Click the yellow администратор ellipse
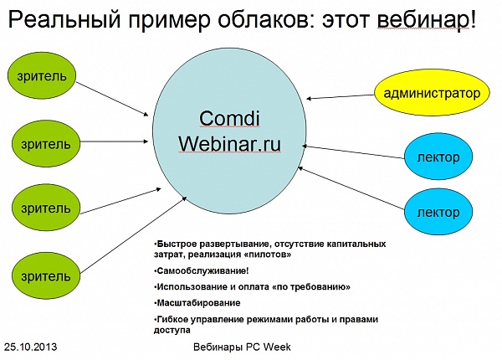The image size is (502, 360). coord(432,93)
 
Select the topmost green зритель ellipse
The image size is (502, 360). coord(42,76)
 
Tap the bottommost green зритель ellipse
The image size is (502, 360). coord(46,275)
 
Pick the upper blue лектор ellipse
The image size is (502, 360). coord(438,157)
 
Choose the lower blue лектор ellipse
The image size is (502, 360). coord(438,212)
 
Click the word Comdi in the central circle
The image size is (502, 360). coord(229,119)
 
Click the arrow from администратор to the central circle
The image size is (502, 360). coord(341,97)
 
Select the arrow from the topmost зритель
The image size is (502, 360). coord(112,99)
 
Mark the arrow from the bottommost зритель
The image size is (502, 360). coord(133,234)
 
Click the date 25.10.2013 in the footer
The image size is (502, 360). coord(31,347)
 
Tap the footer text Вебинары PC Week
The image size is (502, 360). coord(242,347)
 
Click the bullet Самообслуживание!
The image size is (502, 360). coord(202,271)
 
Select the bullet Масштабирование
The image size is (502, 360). coord(198,303)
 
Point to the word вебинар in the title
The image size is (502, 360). coord(423,19)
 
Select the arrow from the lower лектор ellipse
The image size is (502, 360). coord(351,188)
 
